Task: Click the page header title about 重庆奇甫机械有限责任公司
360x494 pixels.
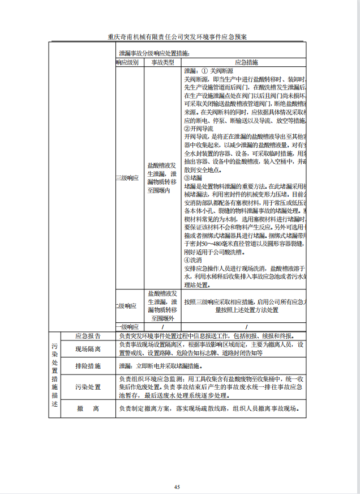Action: point(178,37)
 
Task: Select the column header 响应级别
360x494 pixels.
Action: point(127,62)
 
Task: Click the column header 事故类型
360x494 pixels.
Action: point(162,62)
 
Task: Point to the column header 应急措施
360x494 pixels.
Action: point(246,62)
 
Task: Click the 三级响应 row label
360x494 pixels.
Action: point(127,178)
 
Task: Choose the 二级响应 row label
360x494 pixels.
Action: point(127,306)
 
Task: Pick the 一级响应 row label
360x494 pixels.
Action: point(127,327)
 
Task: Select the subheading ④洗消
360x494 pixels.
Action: point(193,259)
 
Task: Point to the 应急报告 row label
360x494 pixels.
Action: point(88,335)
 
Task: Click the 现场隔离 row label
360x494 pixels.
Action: point(88,349)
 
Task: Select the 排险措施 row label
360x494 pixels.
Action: point(88,367)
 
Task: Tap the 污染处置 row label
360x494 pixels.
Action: point(88,387)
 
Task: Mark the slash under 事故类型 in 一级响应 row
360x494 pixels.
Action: point(162,327)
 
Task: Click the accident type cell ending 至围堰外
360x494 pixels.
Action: point(162,306)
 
